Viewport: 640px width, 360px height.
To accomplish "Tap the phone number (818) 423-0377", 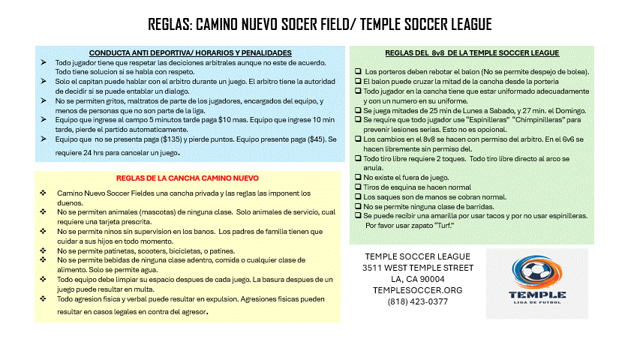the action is [418, 301].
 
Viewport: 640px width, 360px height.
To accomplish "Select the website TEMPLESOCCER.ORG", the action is [418, 290].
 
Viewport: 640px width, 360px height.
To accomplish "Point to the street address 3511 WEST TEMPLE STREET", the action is [418, 268].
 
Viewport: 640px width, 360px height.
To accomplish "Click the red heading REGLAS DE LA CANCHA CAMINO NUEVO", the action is [188, 178].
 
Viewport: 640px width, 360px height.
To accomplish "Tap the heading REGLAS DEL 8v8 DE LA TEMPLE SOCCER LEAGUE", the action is [472, 53].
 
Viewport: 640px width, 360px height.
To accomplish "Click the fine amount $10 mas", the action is [229, 119].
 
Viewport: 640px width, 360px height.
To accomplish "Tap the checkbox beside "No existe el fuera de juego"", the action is [358, 177].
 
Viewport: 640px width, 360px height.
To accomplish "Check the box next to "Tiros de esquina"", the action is [358, 187].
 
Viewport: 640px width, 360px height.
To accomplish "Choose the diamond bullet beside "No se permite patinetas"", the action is [44, 250].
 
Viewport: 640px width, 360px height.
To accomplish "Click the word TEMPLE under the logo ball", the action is [536, 294].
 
